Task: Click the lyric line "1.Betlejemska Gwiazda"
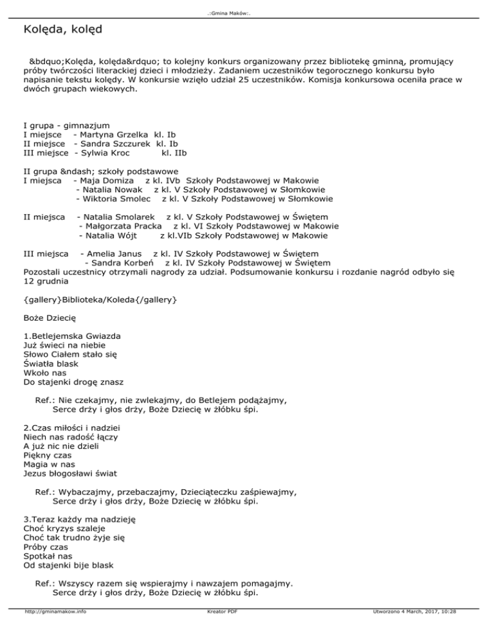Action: click(x=72, y=336)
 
